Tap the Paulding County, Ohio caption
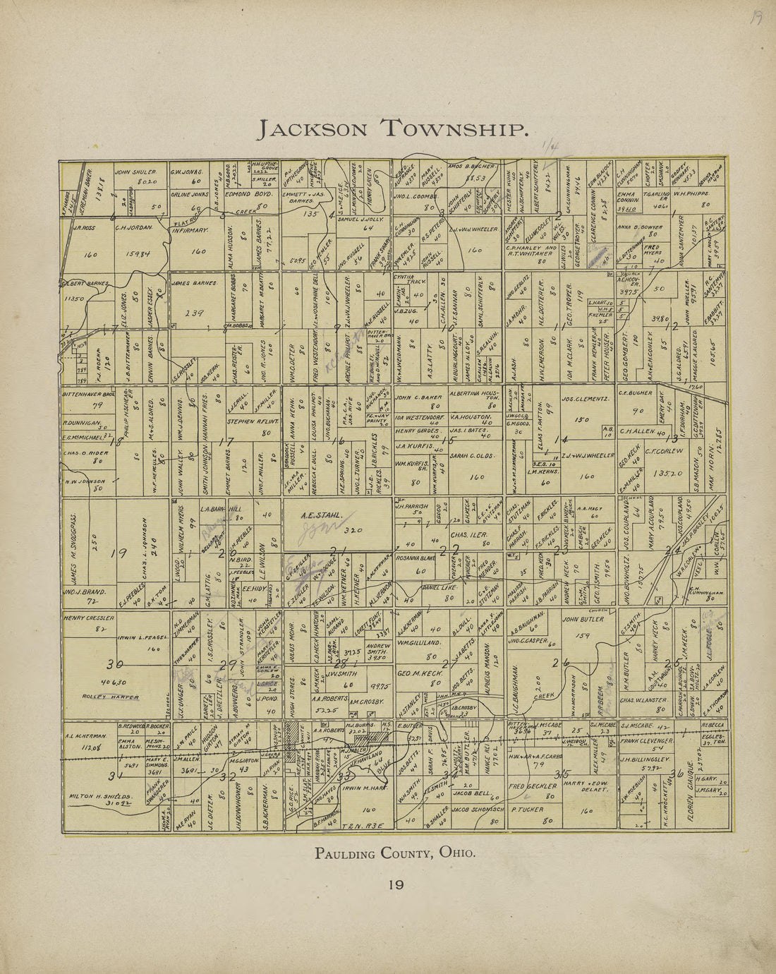tap(395, 853)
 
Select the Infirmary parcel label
tap(190, 230)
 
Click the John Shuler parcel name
tap(135, 172)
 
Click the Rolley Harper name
tap(110, 697)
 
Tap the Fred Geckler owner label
tap(528, 786)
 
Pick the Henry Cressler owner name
tap(89, 618)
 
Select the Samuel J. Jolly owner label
tap(358, 220)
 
